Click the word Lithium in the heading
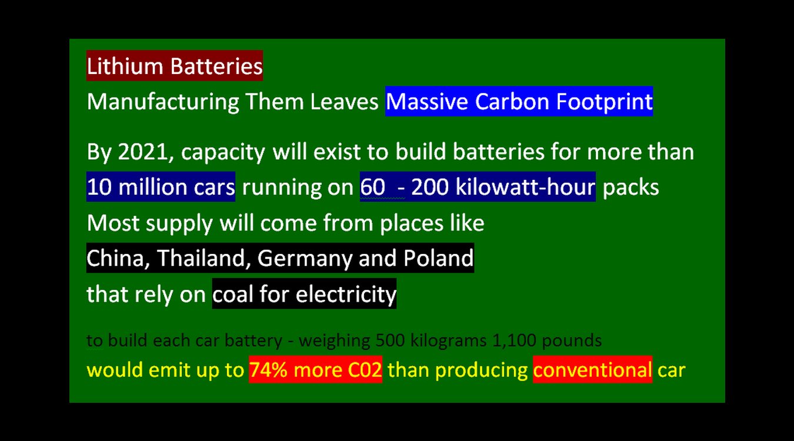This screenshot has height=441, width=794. coord(125,66)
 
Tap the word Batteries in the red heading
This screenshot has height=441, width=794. coord(216,66)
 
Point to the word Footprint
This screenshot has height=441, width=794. coord(605,102)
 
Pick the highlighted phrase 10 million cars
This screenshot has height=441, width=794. coord(161,187)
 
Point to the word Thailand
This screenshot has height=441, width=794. coord(201,258)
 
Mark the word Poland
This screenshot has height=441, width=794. coord(439,258)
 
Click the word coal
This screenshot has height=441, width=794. coord(233,294)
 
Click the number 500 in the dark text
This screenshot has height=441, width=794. coord(390,340)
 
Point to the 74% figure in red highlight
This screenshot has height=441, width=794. coord(268,370)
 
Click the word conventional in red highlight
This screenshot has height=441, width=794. coord(592,370)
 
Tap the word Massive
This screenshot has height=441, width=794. coord(426,101)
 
